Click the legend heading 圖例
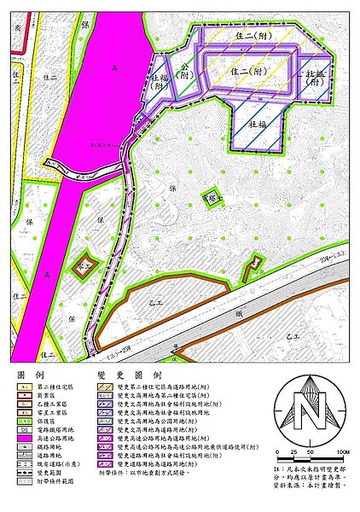[x=30, y=375]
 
